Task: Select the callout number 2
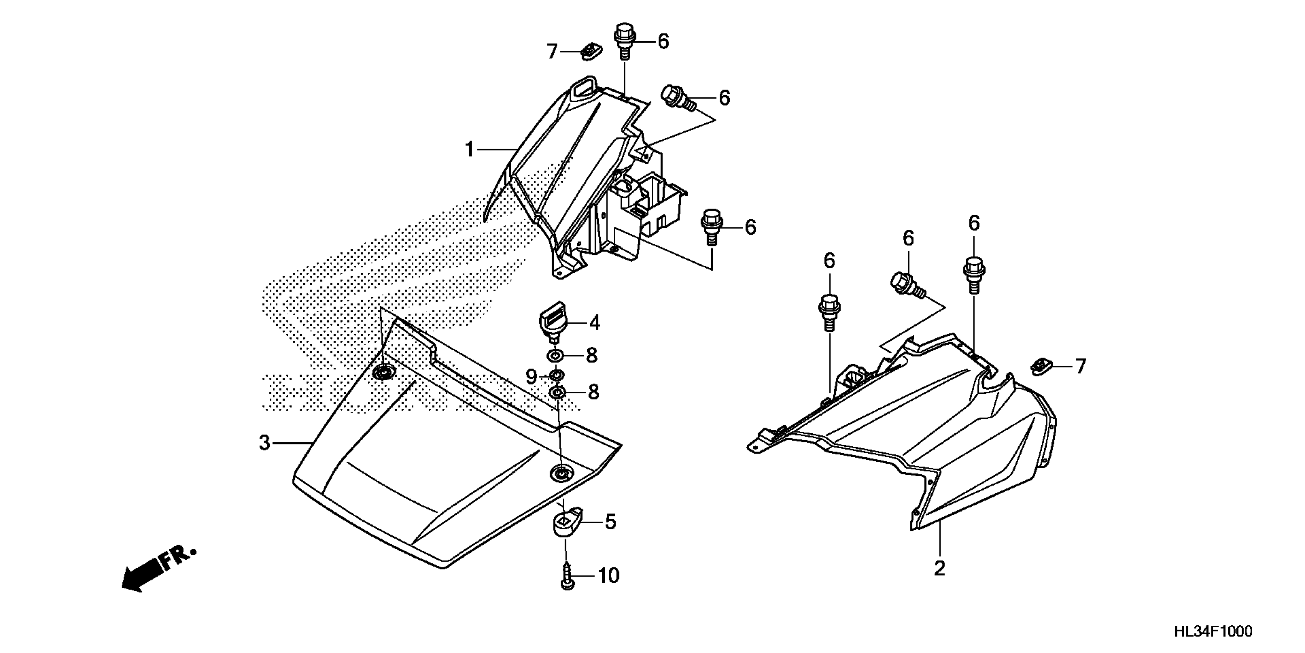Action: tap(939, 568)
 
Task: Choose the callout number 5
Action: tap(610, 522)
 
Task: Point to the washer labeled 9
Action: tap(556, 376)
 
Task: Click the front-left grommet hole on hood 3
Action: tap(384, 373)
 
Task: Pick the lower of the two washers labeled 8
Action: tap(557, 392)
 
